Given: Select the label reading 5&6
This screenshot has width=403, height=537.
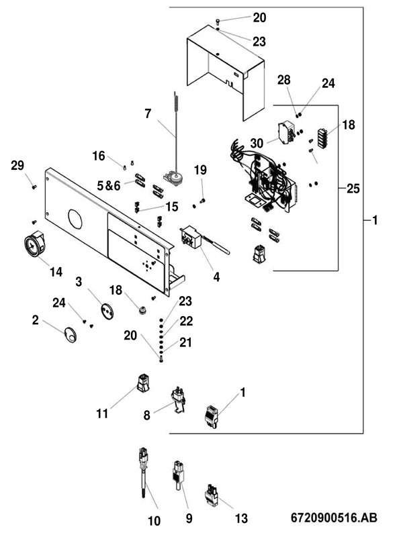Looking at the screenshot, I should pos(109,184).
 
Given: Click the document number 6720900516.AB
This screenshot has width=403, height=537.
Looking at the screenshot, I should pos(334,518).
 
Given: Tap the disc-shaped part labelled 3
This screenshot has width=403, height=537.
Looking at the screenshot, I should pos(104,310).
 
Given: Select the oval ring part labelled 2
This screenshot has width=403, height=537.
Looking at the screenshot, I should pos(69,335).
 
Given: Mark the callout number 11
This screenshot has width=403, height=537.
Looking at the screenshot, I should pos(101,413).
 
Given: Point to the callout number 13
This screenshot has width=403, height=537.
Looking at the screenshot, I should pos(241,518).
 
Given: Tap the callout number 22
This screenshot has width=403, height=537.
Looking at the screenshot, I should pos(186,322).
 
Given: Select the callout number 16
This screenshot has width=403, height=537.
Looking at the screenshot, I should pos(99,156).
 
